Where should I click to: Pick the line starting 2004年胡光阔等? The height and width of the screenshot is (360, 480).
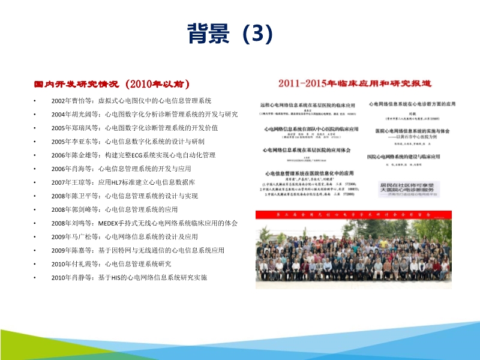point(145,114)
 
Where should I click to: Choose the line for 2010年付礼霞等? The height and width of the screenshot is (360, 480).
point(119,263)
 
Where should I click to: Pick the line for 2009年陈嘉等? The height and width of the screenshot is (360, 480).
point(137,250)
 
